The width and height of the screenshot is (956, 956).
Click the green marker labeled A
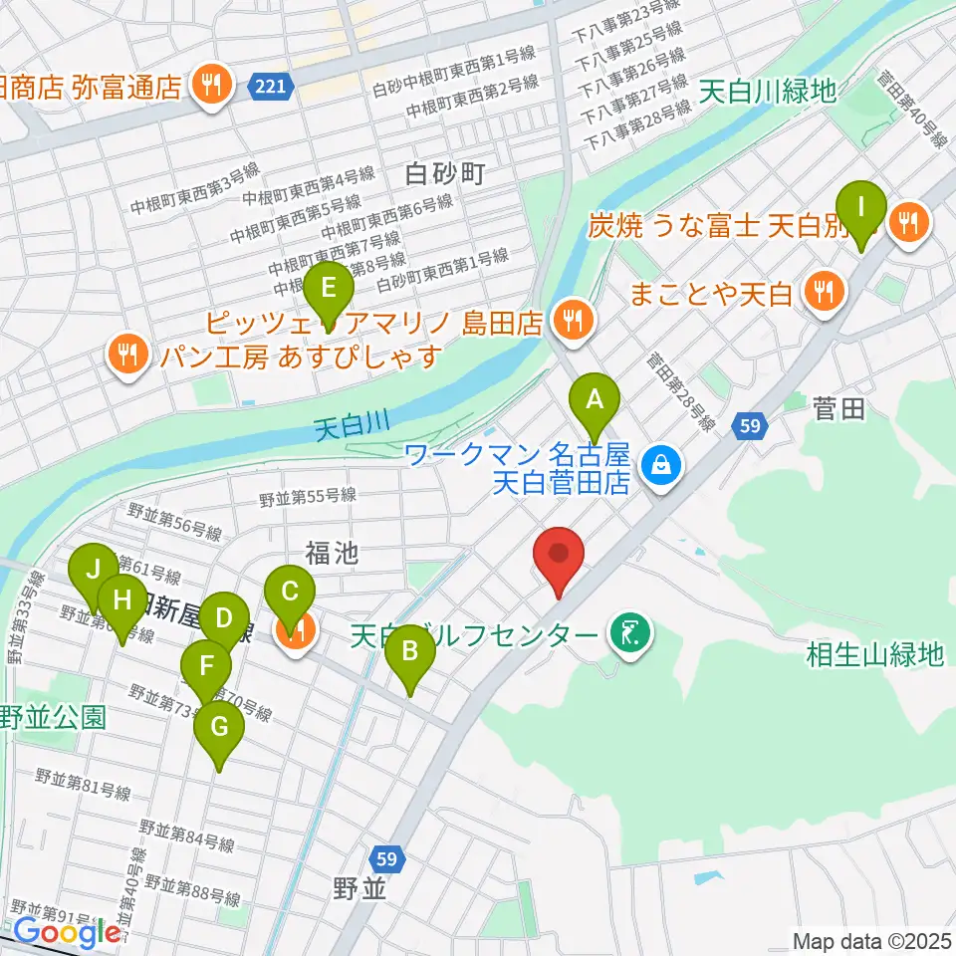(x=595, y=401)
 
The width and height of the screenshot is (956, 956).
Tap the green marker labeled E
(x=329, y=291)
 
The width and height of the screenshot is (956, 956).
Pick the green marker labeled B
(x=409, y=654)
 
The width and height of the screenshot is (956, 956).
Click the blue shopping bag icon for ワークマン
(x=659, y=462)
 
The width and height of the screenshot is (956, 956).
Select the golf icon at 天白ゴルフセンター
(x=630, y=633)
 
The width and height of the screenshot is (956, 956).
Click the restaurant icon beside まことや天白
(x=825, y=293)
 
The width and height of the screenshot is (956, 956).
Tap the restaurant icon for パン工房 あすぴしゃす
(x=127, y=354)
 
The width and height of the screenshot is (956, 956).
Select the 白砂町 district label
(x=445, y=175)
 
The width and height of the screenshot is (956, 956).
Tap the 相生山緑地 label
(x=874, y=654)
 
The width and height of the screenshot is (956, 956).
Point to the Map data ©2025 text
(x=870, y=939)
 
